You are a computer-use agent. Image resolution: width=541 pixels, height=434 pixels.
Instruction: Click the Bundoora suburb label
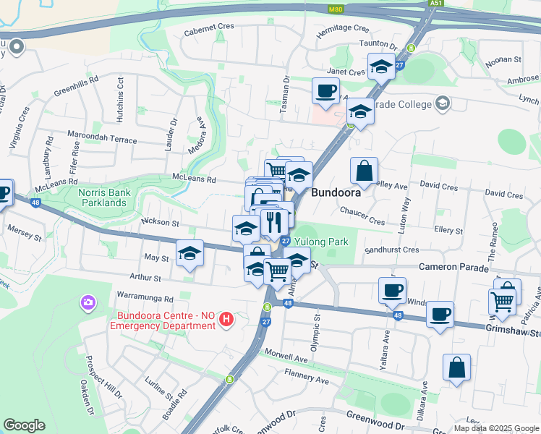[336, 194]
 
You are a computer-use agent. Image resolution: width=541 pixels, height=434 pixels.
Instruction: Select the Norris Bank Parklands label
[106, 197]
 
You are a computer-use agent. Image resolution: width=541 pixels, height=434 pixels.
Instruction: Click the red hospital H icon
[226, 319]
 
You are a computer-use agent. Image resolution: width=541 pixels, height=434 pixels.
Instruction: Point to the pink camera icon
[88, 302]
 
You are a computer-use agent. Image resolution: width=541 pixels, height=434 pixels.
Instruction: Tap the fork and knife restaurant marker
[273, 221]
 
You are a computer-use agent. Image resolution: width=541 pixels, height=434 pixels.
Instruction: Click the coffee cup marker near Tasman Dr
[325, 91]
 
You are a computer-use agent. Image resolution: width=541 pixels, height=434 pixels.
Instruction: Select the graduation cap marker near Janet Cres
[381, 67]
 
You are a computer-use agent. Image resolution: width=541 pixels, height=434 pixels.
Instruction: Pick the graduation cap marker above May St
[190, 253]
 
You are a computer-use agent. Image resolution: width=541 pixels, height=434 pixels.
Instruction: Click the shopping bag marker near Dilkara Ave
[457, 367]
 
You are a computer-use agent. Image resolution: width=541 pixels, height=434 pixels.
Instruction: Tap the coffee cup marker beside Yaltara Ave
[392, 290]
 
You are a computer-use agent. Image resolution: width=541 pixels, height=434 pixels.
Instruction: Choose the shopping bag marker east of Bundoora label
[365, 171]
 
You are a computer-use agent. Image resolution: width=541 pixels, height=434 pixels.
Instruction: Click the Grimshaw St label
[514, 333]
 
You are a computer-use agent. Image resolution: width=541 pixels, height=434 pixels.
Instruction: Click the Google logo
[24, 425]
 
